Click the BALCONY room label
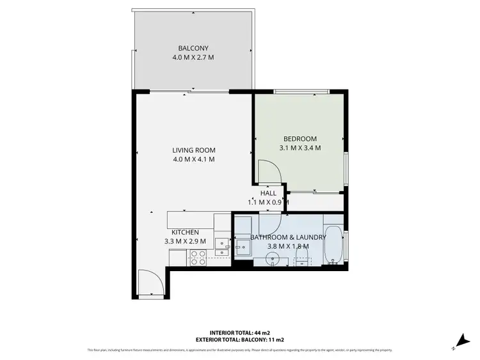[x=193, y=48]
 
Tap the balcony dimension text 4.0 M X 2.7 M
[x=193, y=58]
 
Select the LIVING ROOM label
[x=193, y=150]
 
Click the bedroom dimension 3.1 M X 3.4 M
[x=300, y=148]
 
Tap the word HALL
[x=268, y=192]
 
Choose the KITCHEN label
[x=184, y=232]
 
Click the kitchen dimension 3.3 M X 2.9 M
[x=184, y=241]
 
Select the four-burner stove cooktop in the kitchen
[x=198, y=257]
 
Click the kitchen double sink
[x=221, y=247]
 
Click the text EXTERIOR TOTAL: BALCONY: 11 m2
[x=239, y=340]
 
